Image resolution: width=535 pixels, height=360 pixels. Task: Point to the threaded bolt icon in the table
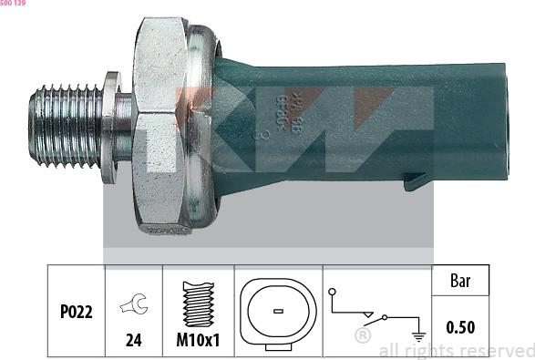pos(198,303)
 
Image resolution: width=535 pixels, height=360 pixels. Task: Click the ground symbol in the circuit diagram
pos(418,334)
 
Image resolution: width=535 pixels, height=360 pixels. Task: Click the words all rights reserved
pos(456,350)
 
